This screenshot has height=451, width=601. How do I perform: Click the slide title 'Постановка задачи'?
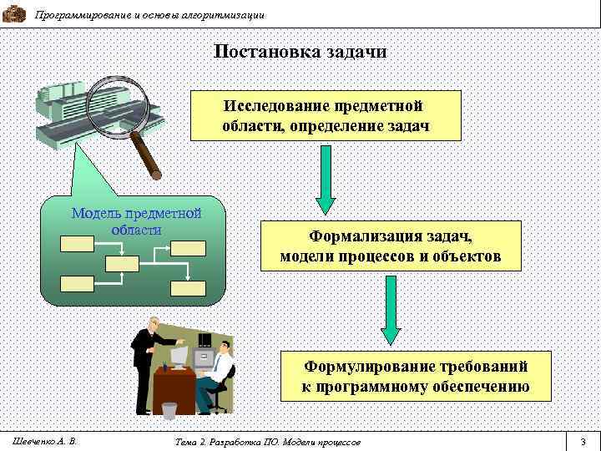[300, 52]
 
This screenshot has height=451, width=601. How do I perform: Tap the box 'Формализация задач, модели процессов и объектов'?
[391, 246]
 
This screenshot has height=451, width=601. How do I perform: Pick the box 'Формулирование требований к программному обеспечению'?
[416, 376]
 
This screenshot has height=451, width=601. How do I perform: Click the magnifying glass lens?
[114, 108]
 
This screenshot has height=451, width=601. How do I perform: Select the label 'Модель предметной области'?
[136, 220]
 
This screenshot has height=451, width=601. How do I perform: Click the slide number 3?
[583, 440]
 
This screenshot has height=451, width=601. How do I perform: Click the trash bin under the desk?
[169, 409]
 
